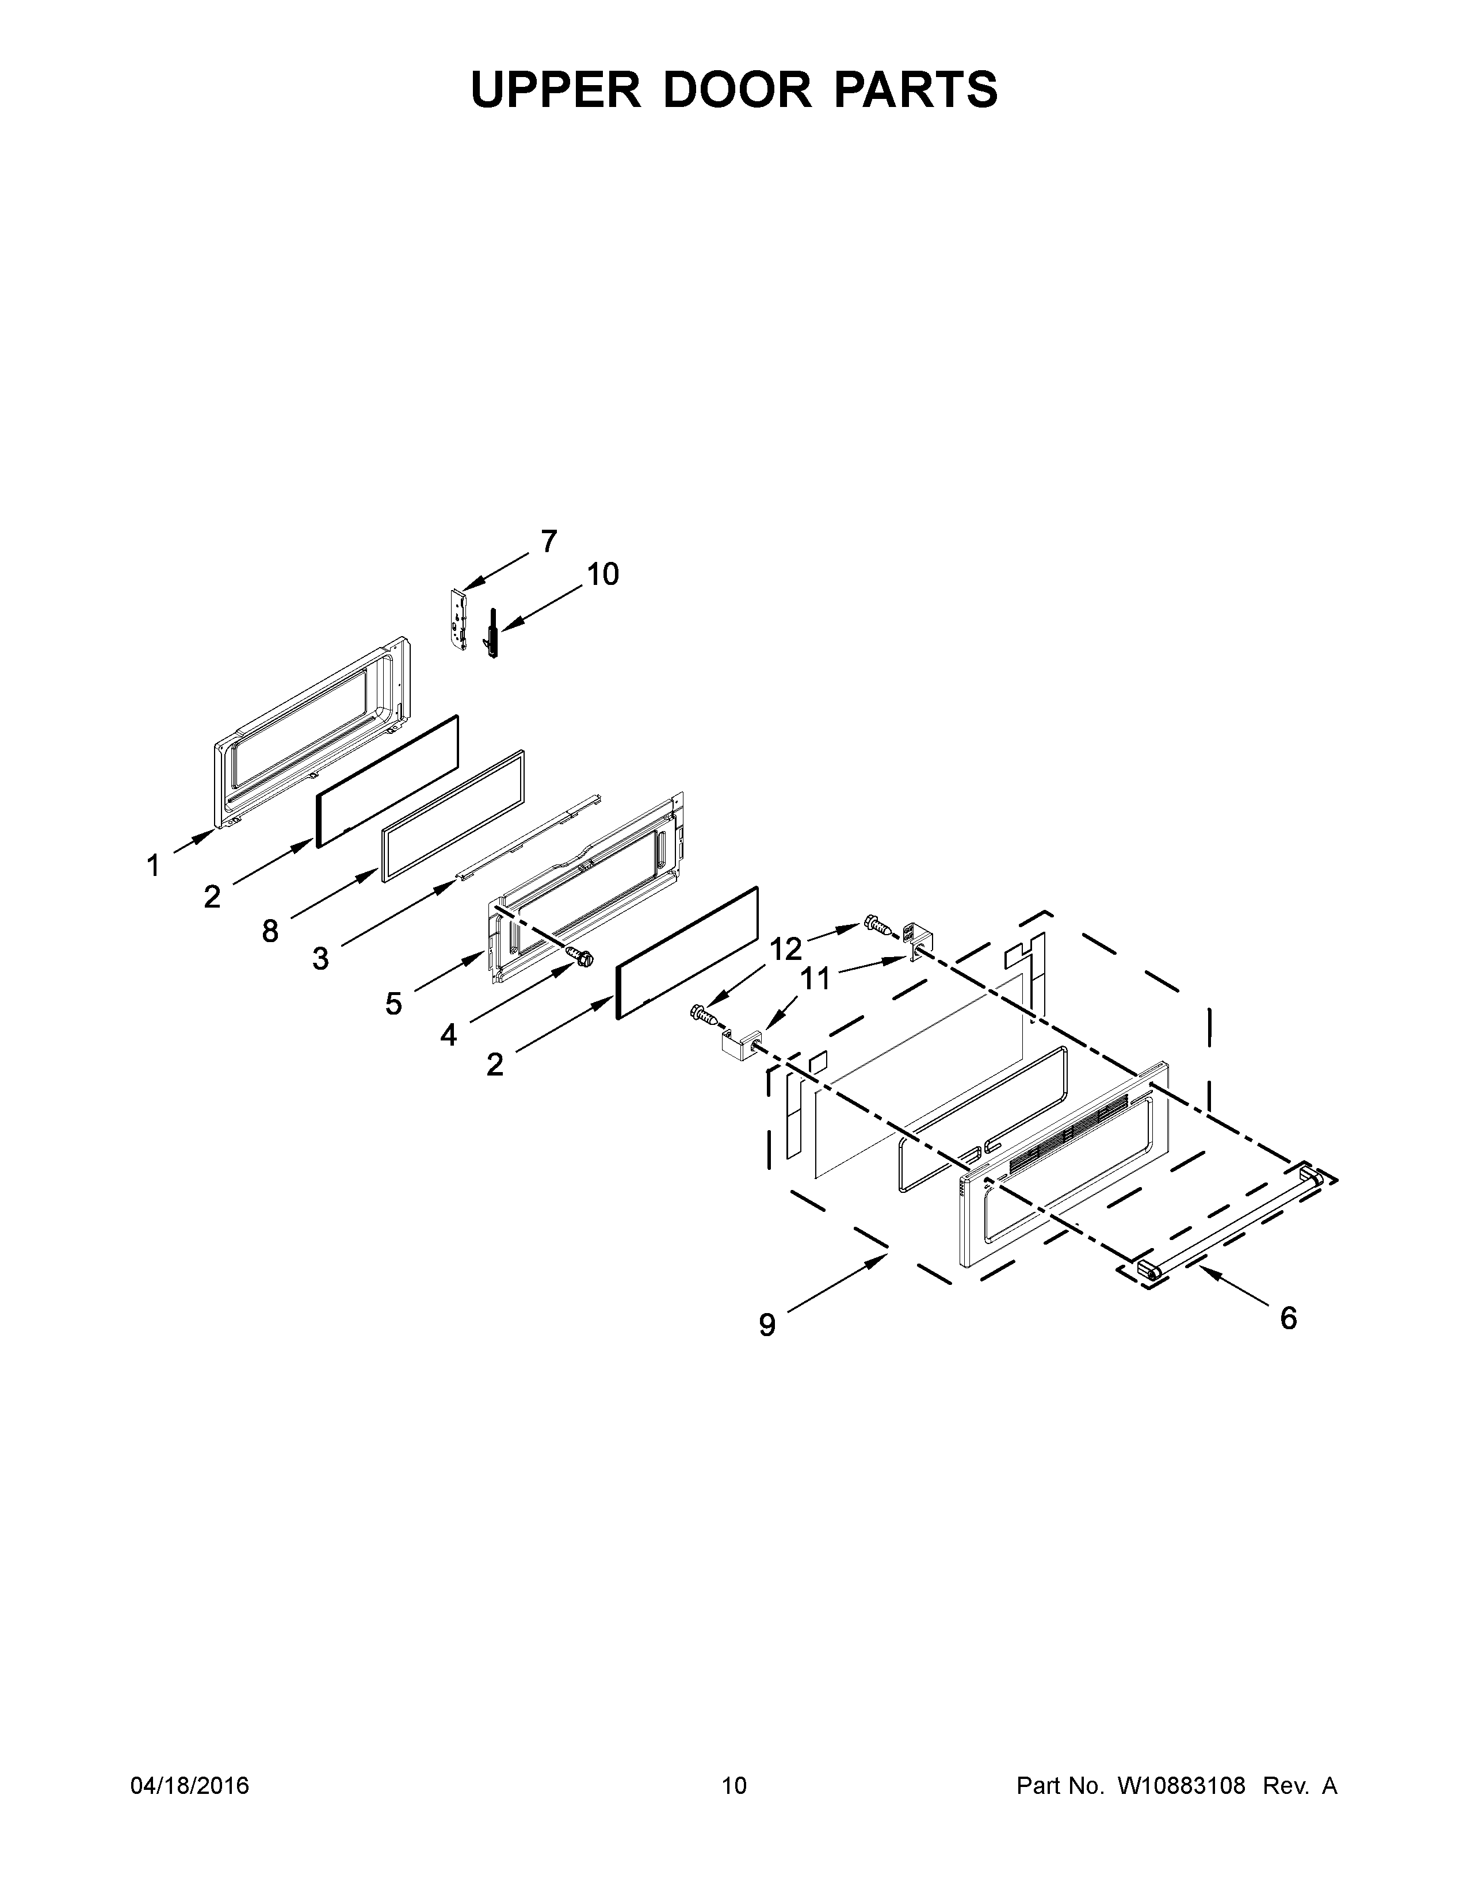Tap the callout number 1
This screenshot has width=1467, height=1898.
pyautogui.click(x=153, y=866)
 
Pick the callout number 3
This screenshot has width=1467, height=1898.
pyautogui.click(x=320, y=959)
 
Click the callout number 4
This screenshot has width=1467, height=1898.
pyautogui.click(x=449, y=1035)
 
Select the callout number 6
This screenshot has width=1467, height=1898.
pyautogui.click(x=1288, y=1318)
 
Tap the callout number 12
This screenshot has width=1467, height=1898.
pyautogui.click(x=786, y=949)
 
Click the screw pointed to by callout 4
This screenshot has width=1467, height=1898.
pyautogui.click(x=582, y=956)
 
